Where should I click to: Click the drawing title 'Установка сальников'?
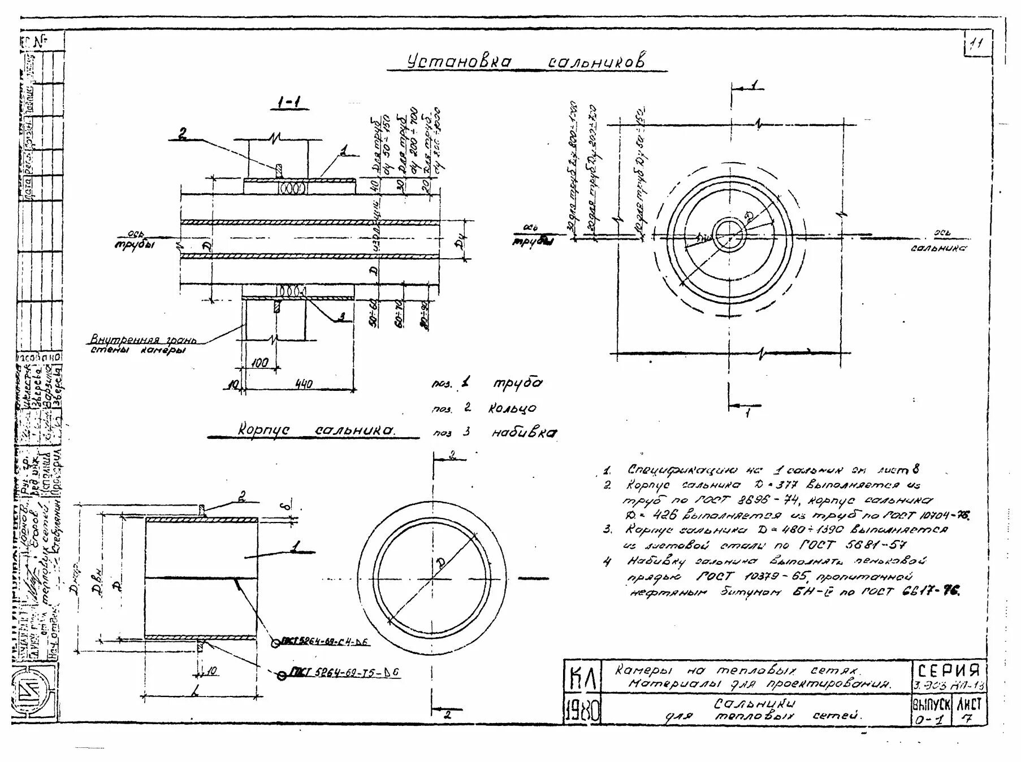coord(526,62)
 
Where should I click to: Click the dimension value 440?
coord(303,385)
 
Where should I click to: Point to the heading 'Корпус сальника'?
coord(316,431)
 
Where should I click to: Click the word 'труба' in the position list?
coord(517,383)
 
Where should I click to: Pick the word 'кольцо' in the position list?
coord(512,408)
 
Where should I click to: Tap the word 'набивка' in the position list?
coord(523,433)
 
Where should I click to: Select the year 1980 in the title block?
coord(583,711)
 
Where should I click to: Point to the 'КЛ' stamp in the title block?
coord(583,678)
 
